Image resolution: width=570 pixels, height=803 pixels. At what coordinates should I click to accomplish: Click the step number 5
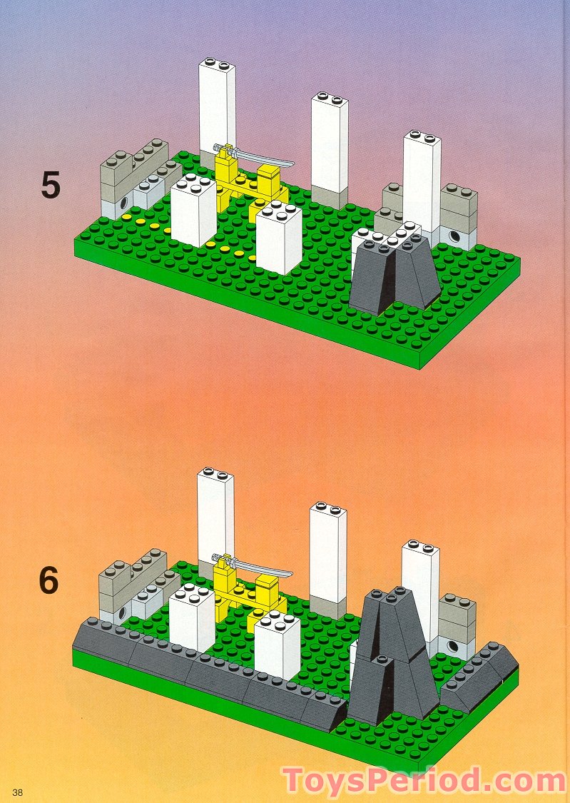51,185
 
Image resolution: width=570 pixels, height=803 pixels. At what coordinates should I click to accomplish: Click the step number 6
49,580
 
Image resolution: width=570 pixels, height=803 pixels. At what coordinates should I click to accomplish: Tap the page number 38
18,791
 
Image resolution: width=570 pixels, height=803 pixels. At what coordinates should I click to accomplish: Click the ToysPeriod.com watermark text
425,780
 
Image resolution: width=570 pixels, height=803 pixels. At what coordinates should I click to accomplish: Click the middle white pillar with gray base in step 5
330,146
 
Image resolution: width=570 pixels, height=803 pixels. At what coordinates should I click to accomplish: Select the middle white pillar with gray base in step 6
328,557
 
